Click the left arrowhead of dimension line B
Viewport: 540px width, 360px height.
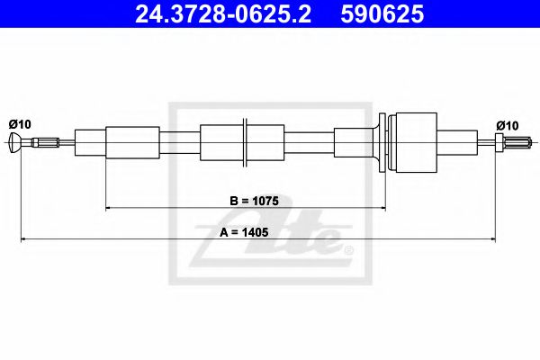coord(110,207)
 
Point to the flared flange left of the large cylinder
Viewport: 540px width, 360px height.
coord(384,141)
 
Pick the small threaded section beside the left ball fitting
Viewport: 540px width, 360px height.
coord(45,141)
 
